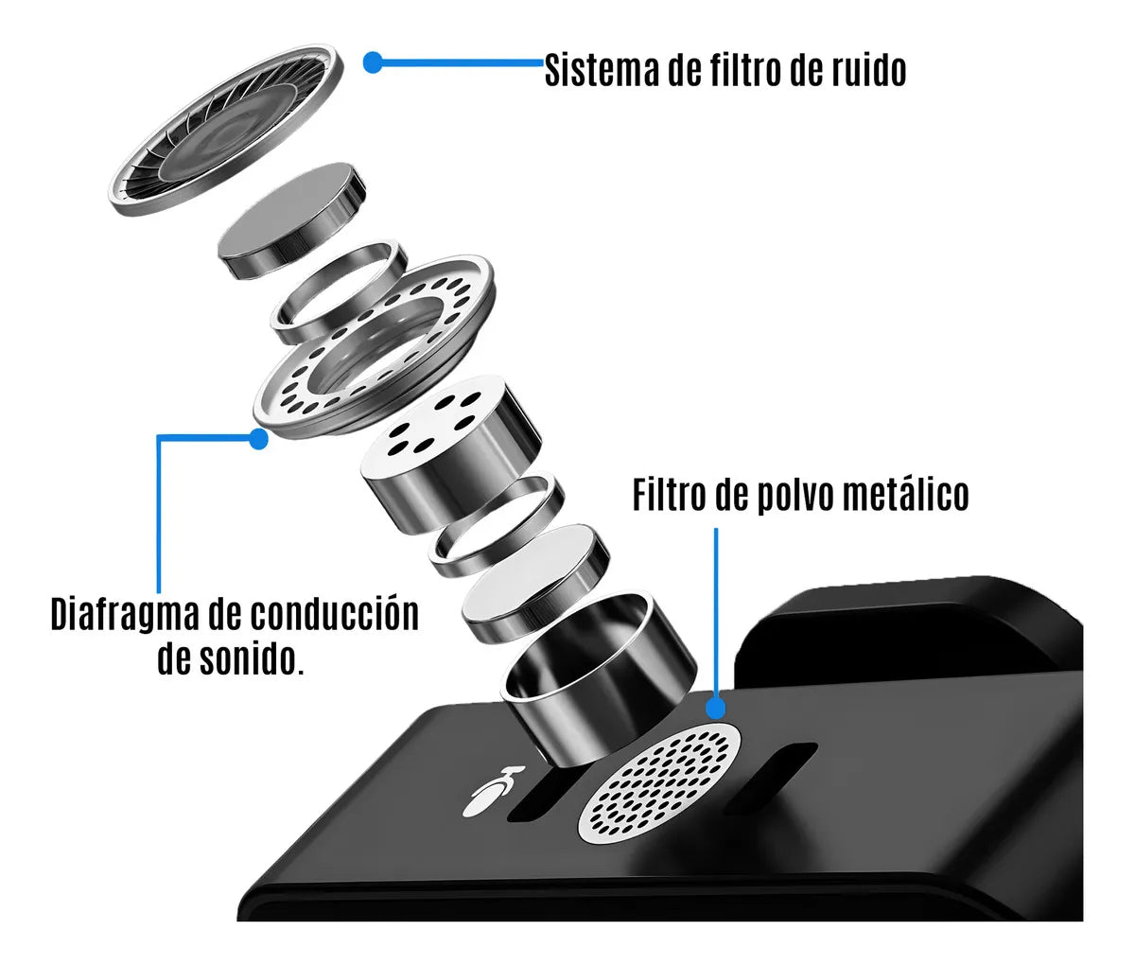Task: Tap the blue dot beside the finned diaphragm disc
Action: [x=373, y=63]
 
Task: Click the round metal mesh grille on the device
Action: [x=659, y=785]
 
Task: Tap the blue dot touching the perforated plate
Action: [x=257, y=438]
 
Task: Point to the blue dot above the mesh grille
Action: [x=716, y=707]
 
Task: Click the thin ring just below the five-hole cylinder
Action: [x=496, y=527]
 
